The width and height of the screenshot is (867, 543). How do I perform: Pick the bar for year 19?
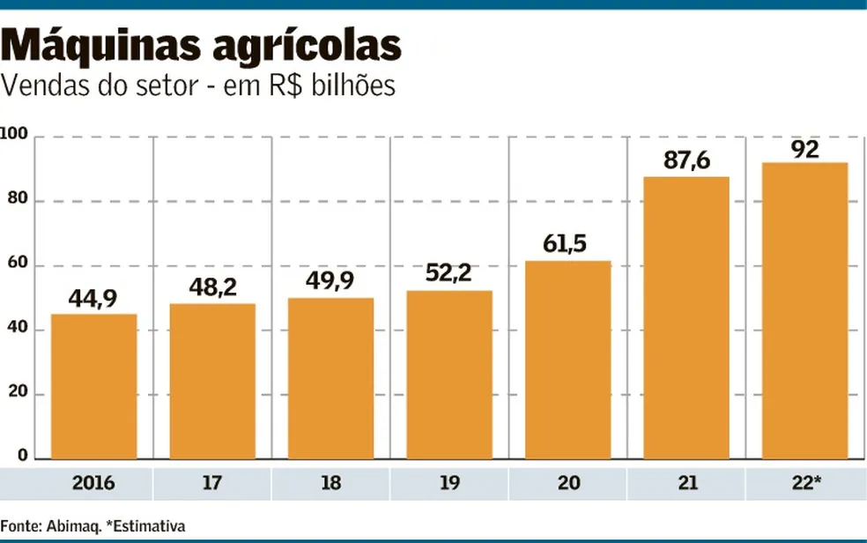coord(449,375)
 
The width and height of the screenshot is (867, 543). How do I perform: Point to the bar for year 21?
coord(686,317)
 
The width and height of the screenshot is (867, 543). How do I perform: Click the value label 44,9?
coord(93,299)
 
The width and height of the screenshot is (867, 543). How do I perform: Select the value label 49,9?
coord(330,283)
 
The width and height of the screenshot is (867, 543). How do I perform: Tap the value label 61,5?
coord(567,244)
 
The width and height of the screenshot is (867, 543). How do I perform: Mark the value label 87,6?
coord(686,160)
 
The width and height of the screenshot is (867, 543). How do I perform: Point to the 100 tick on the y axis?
coord(18,136)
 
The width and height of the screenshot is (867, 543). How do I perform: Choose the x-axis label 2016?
coord(93,484)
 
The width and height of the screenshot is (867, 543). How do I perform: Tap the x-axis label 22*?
coord(805,484)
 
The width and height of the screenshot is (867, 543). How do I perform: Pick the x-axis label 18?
coord(330,484)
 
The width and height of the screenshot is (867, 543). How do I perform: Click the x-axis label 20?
coord(567,484)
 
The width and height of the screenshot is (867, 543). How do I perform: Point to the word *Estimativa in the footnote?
coord(145,526)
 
